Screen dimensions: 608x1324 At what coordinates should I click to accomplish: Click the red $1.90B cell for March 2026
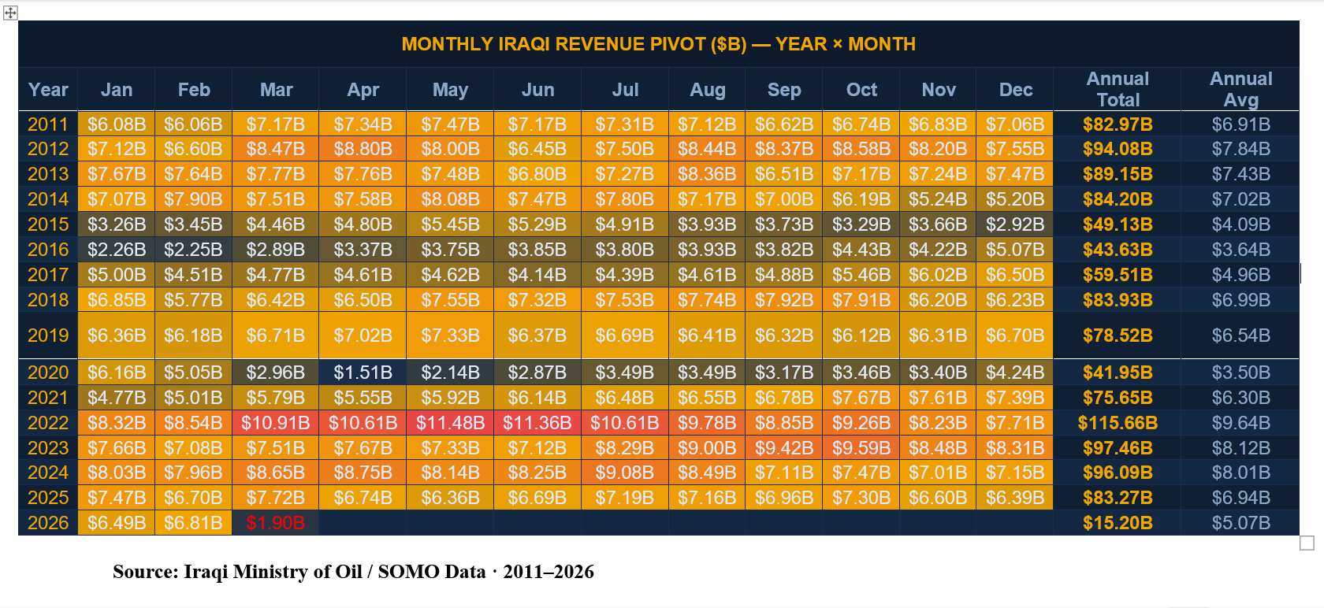click(x=275, y=523)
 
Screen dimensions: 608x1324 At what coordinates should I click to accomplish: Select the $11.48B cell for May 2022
click(x=450, y=423)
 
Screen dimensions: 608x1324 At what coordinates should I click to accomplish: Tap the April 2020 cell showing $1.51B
click(x=363, y=373)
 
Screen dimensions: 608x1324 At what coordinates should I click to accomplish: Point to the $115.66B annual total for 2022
click(x=1118, y=423)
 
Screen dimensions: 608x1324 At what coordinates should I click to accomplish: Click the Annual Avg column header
click(x=1240, y=89)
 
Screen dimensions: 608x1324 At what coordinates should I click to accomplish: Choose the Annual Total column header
click(x=1118, y=89)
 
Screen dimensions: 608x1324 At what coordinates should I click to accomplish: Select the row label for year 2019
click(x=48, y=336)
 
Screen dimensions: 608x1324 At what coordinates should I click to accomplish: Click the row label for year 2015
click(x=48, y=224)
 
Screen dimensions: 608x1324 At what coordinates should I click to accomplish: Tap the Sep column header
click(x=783, y=90)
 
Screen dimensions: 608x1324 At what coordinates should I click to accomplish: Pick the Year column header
click(x=48, y=90)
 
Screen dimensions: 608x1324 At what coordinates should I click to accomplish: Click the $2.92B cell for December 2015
click(x=1015, y=224)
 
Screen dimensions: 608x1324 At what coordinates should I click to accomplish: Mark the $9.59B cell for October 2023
click(x=861, y=448)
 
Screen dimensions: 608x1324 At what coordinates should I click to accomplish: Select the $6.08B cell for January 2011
click(x=117, y=124)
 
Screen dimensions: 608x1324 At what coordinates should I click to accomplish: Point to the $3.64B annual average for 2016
click(x=1240, y=250)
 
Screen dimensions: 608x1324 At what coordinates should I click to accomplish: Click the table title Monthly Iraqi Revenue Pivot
click(x=658, y=44)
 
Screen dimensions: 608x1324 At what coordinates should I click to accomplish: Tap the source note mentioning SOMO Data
click(x=353, y=572)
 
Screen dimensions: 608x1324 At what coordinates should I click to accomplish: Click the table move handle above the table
click(x=10, y=13)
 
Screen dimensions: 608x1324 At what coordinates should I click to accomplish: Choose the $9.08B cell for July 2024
click(x=624, y=473)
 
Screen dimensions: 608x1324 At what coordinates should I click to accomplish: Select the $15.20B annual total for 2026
click(x=1118, y=523)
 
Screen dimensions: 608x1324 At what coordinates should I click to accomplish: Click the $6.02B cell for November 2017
click(x=938, y=275)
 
